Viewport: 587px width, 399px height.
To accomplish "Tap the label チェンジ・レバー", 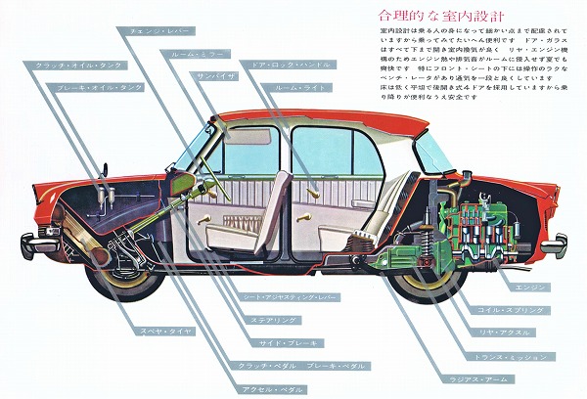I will tap(158, 30).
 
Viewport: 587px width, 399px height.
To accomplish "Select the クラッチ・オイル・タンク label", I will tap(72, 65).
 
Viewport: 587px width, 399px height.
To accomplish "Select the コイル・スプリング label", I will tap(537, 310).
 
